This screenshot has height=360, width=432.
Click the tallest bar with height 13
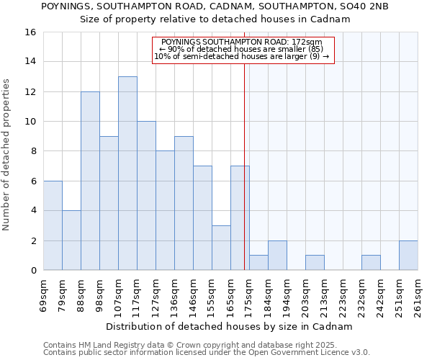click(x=127, y=174)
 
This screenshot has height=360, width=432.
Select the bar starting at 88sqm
click(x=90, y=181)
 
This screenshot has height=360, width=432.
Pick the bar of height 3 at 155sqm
click(x=221, y=248)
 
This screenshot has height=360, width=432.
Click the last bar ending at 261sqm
click(x=408, y=256)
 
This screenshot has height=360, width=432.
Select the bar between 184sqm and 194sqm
click(x=277, y=256)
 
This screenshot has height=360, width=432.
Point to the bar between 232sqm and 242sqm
click(x=371, y=263)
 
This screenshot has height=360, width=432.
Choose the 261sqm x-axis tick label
click(x=418, y=296)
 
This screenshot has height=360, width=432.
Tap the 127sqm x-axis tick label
click(x=156, y=296)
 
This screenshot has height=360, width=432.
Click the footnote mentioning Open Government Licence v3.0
click(x=207, y=353)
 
